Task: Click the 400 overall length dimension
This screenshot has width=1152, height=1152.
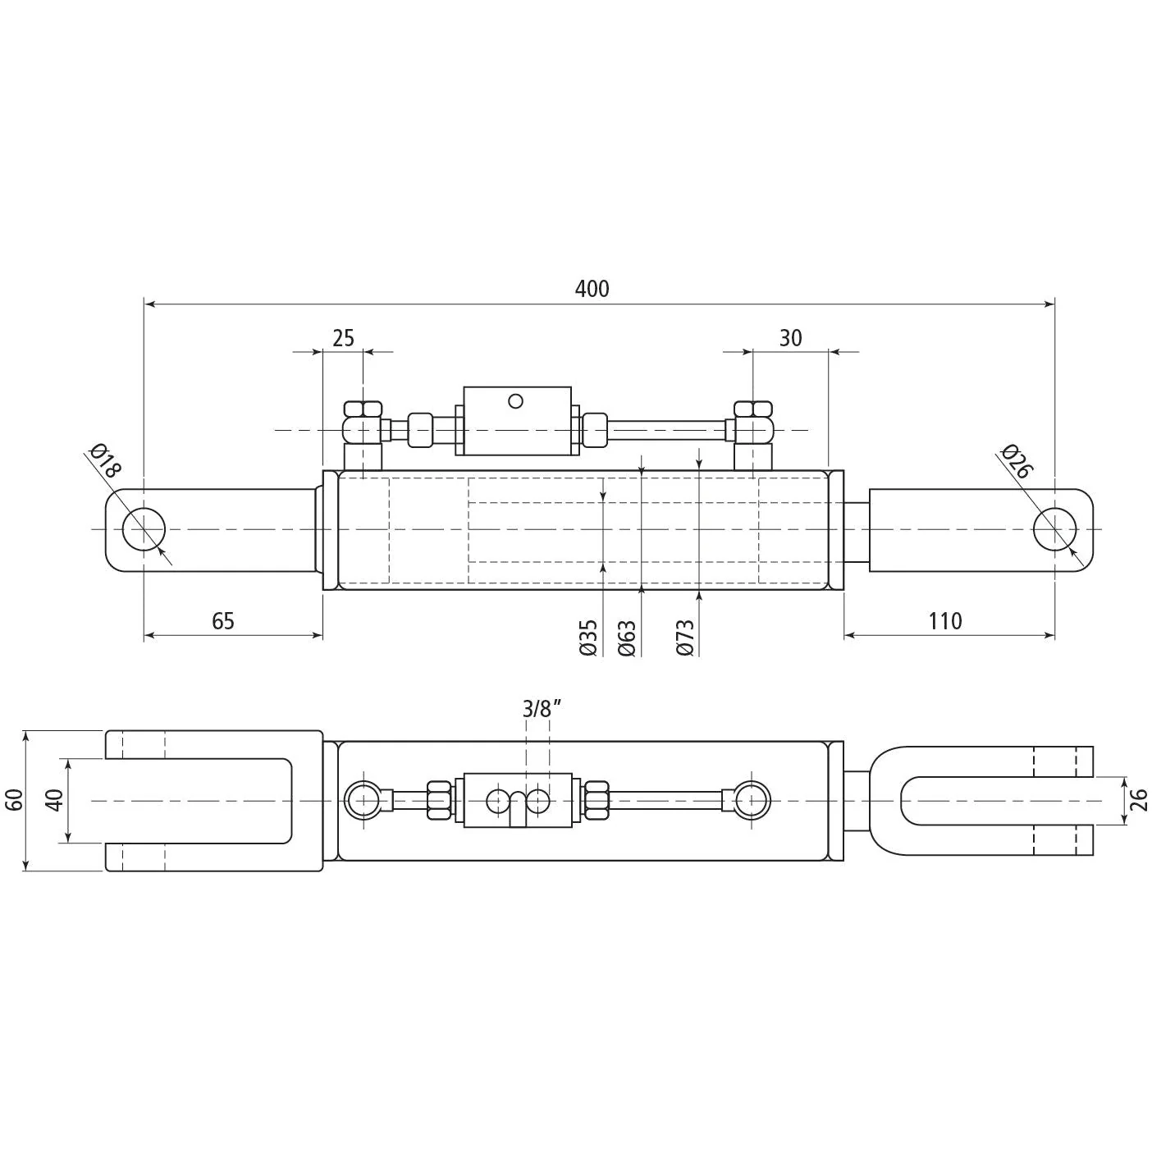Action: pos(592,289)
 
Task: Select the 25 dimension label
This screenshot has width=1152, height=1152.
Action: pos(343,338)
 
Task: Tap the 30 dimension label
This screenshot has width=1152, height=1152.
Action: pos(790,338)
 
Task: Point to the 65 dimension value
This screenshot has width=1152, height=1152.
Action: pos(223,621)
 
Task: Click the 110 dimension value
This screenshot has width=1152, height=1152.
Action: pos(945,621)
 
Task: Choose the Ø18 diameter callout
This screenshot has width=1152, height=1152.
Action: pos(105,461)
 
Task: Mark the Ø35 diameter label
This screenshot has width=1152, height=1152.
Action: pos(588,638)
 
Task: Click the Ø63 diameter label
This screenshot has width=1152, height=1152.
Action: pos(627,638)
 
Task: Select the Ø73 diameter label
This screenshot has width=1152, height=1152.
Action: pos(685,638)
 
